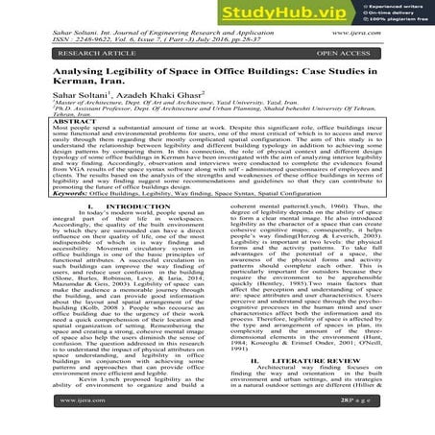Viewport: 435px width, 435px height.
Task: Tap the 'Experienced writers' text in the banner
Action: click(x=394, y=8)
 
